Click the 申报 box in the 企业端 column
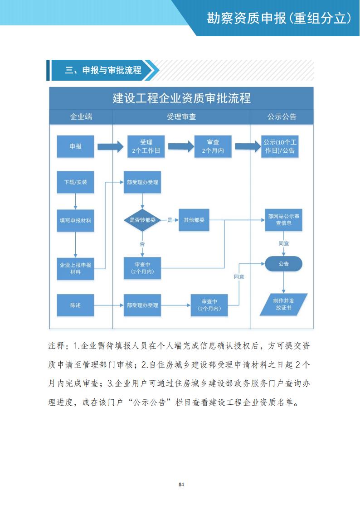tap(75, 146)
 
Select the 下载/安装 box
tap(75, 182)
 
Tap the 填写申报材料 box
tap(75, 220)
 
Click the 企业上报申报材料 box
tap(75, 268)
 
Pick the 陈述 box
tap(75, 305)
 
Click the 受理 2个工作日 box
tap(146, 146)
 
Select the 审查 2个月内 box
tap(213, 146)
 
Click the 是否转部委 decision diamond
tap(143, 220)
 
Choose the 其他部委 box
tap(194, 220)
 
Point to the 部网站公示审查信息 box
tap(283, 220)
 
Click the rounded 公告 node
tap(283, 264)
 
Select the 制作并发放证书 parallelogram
tap(283, 304)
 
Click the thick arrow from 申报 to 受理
tap(110, 146)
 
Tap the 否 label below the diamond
tap(142, 244)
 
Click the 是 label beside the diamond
tap(170, 220)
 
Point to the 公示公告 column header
tap(282, 116)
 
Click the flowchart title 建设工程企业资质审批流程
tap(181, 98)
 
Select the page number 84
tap(181, 485)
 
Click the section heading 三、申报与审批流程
tap(103, 70)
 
